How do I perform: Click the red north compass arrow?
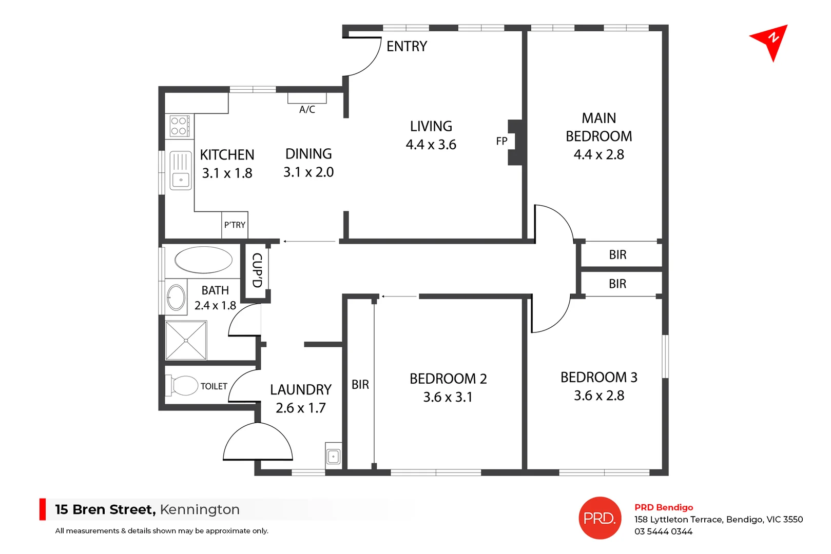(770, 41)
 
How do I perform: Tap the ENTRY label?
(407, 47)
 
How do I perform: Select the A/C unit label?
(307, 109)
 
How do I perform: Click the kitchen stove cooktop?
(180, 126)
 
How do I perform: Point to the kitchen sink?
(181, 170)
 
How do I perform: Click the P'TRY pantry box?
(235, 225)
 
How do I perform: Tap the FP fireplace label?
(501, 141)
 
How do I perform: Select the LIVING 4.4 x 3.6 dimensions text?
(431, 145)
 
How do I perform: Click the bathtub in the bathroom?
(203, 260)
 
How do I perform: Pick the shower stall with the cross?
(186, 340)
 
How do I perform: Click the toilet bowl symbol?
(183, 386)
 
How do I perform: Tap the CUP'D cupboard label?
(257, 270)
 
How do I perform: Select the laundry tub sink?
(333, 456)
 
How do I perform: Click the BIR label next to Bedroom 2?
(360, 385)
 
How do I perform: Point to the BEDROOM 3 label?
(598, 378)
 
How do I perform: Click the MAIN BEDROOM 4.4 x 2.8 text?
(598, 136)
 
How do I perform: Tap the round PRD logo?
(600, 518)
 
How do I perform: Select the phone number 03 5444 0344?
(663, 532)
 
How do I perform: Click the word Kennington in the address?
(200, 509)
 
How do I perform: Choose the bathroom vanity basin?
(176, 298)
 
